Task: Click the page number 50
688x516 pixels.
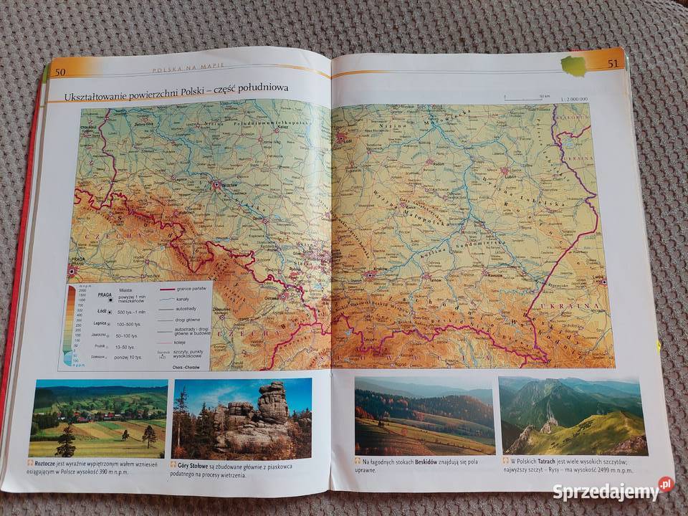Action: pos(60,71)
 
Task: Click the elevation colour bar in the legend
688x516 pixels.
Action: pos(69,322)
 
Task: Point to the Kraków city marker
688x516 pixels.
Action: pos(370,274)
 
